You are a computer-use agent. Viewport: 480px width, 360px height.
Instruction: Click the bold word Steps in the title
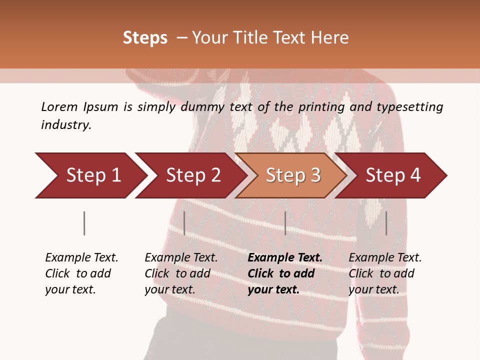(145, 38)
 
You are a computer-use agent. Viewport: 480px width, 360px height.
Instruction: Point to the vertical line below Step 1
(84, 223)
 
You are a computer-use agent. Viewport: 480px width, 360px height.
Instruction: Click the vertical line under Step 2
(184, 223)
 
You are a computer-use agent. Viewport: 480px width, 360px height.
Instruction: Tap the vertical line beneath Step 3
(285, 223)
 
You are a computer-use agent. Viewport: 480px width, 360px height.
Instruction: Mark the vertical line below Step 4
(386, 223)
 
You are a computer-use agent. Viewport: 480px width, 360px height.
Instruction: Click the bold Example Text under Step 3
(285, 257)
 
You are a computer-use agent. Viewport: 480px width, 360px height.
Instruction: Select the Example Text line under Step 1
(81, 257)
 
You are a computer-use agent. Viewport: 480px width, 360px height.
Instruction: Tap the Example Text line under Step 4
(385, 257)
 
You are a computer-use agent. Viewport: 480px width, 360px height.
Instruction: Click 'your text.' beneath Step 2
(169, 289)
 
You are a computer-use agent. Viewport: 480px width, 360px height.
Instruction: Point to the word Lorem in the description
(59, 106)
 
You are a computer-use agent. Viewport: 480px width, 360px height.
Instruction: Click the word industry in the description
(66, 125)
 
